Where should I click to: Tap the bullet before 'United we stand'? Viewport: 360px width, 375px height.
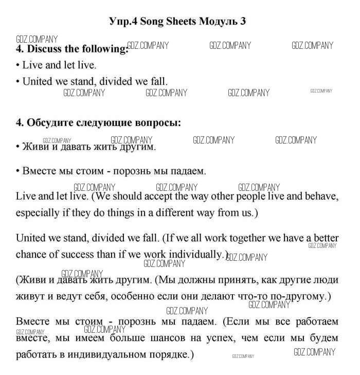(18, 81)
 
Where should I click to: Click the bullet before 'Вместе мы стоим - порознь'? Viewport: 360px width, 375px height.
(18, 170)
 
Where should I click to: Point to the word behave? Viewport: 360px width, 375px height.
(320, 197)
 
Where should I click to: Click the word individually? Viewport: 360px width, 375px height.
(197, 254)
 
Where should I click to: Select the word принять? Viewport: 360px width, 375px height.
(237, 280)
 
